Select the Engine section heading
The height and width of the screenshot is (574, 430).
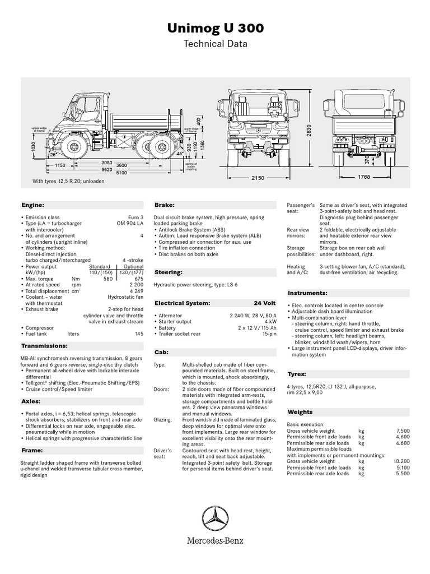pyautogui.click(x=32, y=206)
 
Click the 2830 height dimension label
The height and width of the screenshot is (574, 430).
pyautogui.click(x=308, y=130)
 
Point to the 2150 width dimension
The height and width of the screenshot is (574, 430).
pyautogui.click(x=257, y=178)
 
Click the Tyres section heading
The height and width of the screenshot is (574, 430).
pyautogui.click(x=297, y=373)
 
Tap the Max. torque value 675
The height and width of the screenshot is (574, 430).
pyautogui.click(x=137, y=279)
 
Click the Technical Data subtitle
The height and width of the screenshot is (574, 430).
pyautogui.click(x=215, y=44)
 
